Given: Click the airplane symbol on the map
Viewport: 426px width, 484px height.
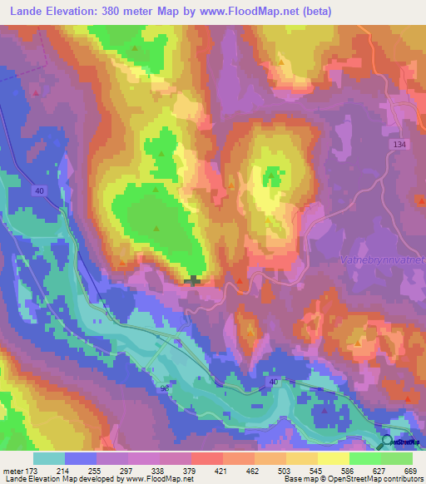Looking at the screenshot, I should point(193,280).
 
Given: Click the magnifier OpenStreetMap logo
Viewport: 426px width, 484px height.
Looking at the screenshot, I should point(389,443).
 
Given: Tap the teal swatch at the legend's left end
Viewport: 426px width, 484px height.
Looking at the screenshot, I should point(49,458).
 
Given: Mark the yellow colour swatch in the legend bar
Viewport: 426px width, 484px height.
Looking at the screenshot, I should point(333,458).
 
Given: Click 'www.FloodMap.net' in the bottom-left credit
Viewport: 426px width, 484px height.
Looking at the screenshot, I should point(158,479).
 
